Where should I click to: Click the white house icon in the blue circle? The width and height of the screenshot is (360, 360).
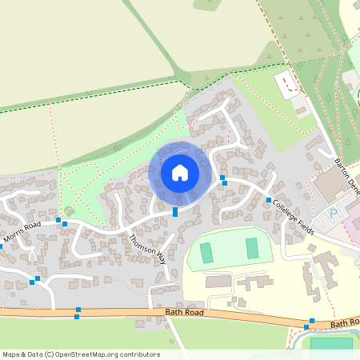tap(180, 172)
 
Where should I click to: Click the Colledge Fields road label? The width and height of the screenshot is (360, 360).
tap(294, 216)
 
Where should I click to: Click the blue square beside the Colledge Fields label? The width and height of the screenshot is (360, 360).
tap(269, 200)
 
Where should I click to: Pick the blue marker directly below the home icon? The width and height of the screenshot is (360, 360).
tap(175, 211)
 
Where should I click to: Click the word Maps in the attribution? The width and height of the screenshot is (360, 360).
tap(12, 354)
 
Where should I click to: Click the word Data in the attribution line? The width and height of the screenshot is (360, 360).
tap(34, 354)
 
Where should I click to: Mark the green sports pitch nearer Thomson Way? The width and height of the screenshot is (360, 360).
tap(206, 252)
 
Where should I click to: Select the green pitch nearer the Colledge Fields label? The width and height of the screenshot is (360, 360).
tap(253, 248)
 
